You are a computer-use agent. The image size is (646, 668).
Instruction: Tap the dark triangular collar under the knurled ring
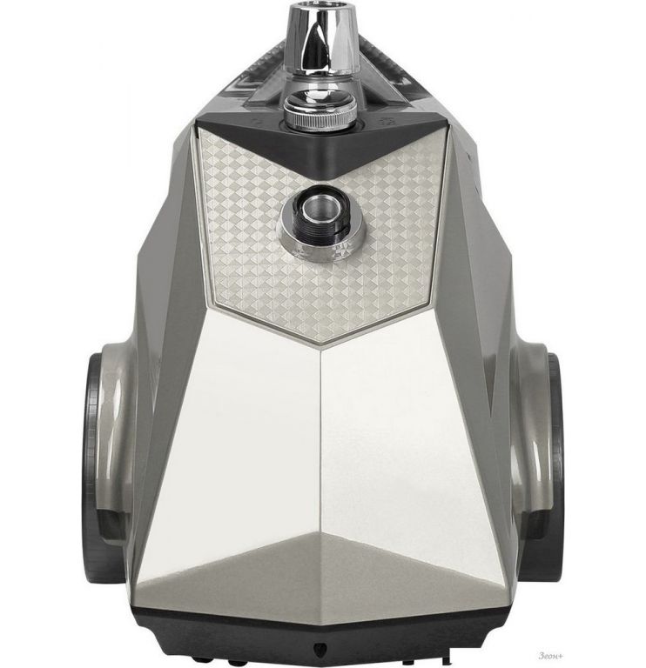323,145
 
